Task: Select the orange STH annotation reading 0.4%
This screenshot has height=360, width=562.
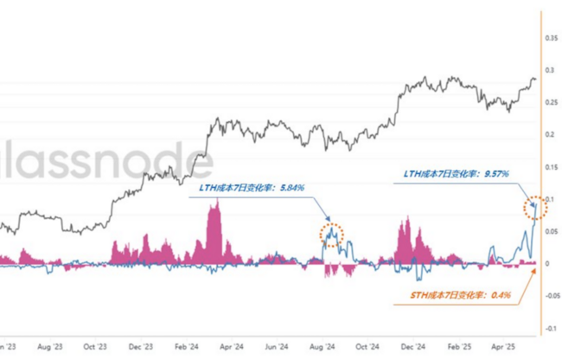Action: (461, 296)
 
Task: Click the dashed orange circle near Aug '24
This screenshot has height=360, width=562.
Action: (331, 234)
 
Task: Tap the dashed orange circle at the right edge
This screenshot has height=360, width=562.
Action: (533, 208)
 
